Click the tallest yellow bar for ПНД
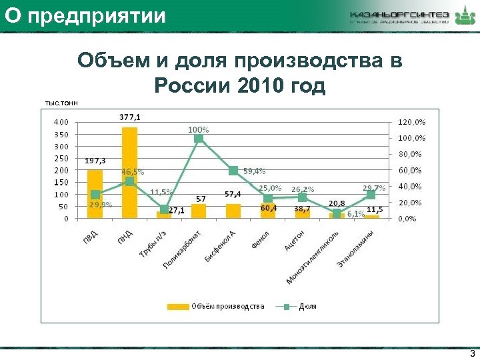tap(129, 172)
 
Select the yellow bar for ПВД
tap(95, 193)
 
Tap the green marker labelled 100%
tap(199, 138)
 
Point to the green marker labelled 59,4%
tap(233, 171)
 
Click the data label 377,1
tap(130, 117)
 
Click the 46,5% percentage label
tap(133, 171)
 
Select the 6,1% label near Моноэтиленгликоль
tap(355, 214)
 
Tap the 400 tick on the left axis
tap(61, 122)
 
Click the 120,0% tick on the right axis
tap(411, 122)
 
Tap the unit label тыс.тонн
tap(61, 103)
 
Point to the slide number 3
tap(472, 354)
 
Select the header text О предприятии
tap(83, 15)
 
